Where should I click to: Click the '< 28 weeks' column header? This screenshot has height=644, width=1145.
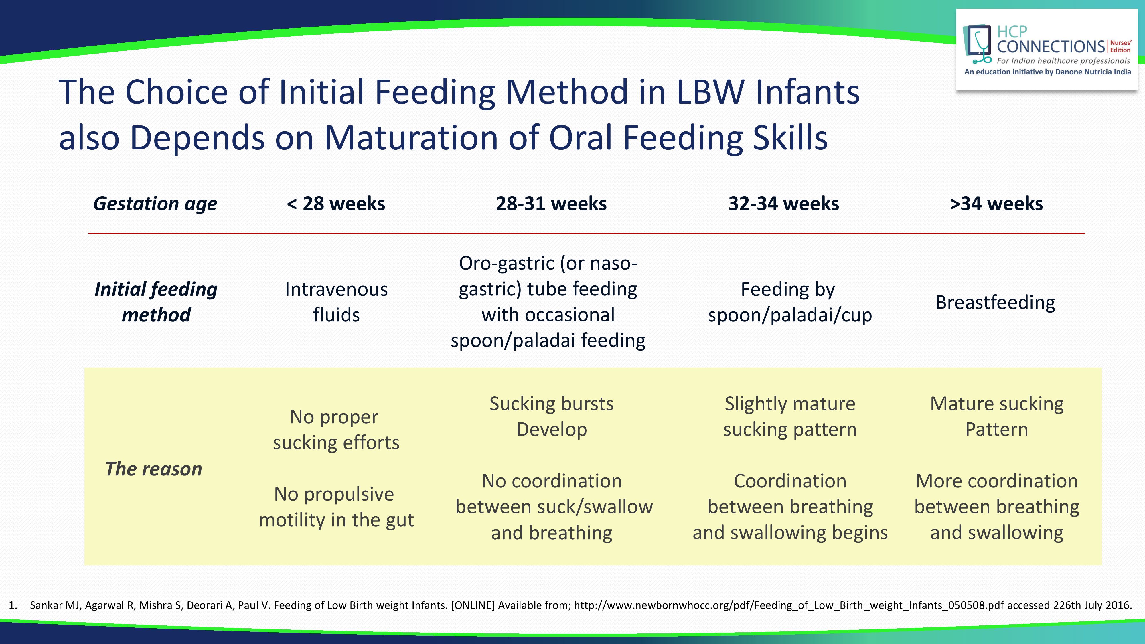(336, 204)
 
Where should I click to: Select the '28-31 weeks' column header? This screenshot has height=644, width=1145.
(551, 204)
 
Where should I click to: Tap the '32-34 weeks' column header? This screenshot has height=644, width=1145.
(784, 204)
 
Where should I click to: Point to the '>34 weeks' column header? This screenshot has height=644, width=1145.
(996, 204)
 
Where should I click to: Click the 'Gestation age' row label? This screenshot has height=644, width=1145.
(155, 204)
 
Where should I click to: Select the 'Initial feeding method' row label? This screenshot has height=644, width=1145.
(156, 302)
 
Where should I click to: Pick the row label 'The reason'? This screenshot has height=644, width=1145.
(154, 469)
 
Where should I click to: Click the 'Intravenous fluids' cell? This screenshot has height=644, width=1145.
(336, 302)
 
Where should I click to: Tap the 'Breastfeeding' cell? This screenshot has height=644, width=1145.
(995, 302)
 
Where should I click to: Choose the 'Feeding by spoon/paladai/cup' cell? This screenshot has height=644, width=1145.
(790, 302)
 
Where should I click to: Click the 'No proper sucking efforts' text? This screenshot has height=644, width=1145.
(336, 429)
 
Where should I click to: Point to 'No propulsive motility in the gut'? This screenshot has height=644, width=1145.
(336, 507)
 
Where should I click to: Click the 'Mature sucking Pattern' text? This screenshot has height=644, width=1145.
(996, 416)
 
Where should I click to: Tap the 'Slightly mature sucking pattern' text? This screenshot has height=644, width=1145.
(790, 416)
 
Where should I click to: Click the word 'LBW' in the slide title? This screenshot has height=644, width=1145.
(710, 92)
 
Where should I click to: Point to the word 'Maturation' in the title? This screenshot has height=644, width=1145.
(411, 137)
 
